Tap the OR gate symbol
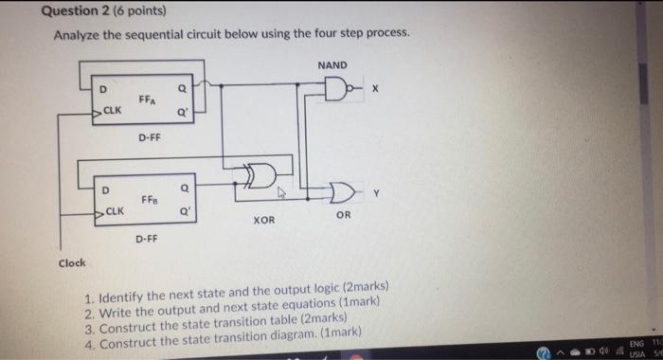click(x=338, y=195)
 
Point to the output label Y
click(x=377, y=193)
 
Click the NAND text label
click(x=332, y=65)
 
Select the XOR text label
click(x=264, y=220)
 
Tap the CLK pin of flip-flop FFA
click(x=112, y=112)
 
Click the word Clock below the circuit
click(x=71, y=262)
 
